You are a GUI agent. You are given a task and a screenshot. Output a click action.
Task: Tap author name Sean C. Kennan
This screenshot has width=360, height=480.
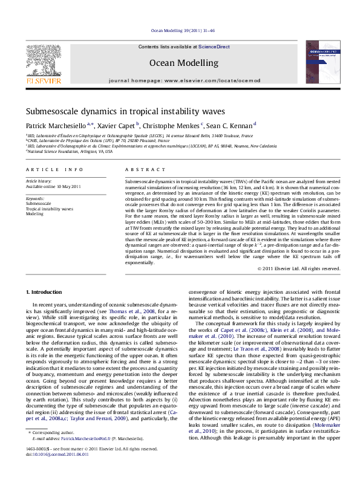click(x=229, y=125)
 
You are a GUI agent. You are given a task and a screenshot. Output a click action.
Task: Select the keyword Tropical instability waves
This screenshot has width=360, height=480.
click(x=49, y=209)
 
